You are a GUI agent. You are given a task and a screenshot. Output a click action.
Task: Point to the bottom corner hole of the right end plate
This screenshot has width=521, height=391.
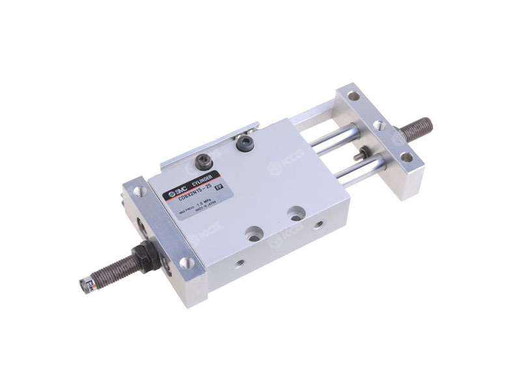pyautogui.click(x=406, y=156)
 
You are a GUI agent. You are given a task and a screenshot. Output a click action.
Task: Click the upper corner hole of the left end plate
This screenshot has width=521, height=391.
pyautogui.click(x=137, y=192)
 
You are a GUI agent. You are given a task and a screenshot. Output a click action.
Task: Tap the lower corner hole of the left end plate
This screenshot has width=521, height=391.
pyautogui.click(x=186, y=263)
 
